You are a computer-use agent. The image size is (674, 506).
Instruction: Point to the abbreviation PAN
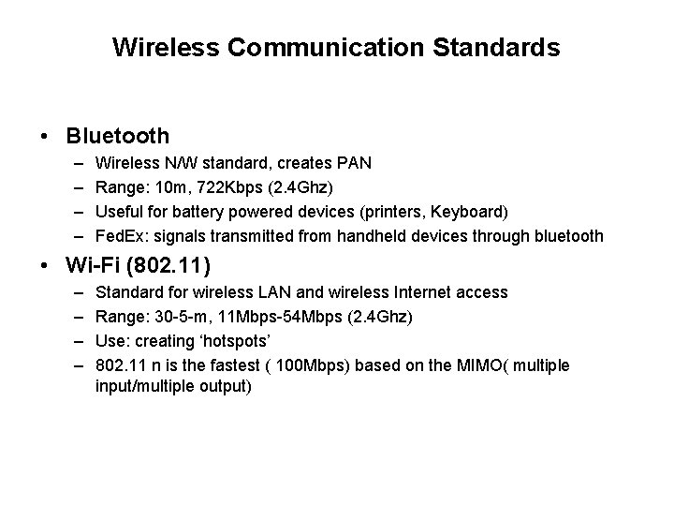[355, 163]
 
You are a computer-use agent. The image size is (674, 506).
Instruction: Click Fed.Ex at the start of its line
[120, 236]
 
